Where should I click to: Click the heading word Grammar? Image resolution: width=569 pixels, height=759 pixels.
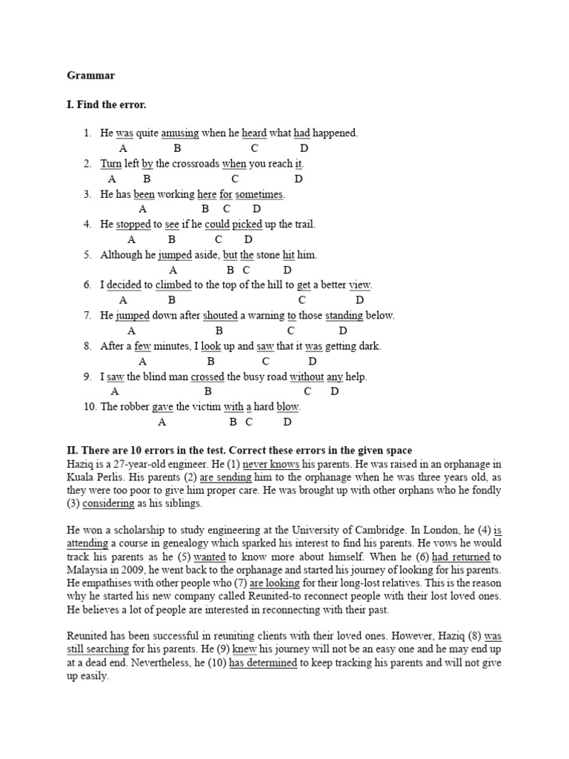click(x=91, y=75)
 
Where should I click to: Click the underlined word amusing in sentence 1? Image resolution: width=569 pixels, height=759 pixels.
click(x=180, y=133)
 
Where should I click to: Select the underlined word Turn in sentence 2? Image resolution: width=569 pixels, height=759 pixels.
click(x=111, y=164)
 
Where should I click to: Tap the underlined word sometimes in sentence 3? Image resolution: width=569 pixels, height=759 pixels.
click(x=260, y=194)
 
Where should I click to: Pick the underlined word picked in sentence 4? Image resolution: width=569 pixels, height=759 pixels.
click(x=248, y=225)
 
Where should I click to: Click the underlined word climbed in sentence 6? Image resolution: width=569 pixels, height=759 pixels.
click(x=173, y=285)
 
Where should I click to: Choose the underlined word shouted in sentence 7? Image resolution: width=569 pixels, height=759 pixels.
click(x=220, y=316)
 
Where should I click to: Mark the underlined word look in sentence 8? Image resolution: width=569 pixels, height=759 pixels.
click(x=211, y=346)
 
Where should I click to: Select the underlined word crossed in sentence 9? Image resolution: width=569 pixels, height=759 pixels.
click(x=207, y=377)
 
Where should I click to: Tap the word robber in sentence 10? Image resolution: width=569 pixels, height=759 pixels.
click(x=134, y=407)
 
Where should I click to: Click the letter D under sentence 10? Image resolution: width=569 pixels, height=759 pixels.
click(x=287, y=422)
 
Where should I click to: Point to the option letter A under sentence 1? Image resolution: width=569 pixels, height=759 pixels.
click(x=123, y=148)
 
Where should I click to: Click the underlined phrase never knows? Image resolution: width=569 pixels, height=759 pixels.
click(x=267, y=463)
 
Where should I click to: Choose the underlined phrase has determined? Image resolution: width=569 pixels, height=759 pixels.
click(x=263, y=663)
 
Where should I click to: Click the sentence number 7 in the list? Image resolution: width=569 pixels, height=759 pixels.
click(x=87, y=316)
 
